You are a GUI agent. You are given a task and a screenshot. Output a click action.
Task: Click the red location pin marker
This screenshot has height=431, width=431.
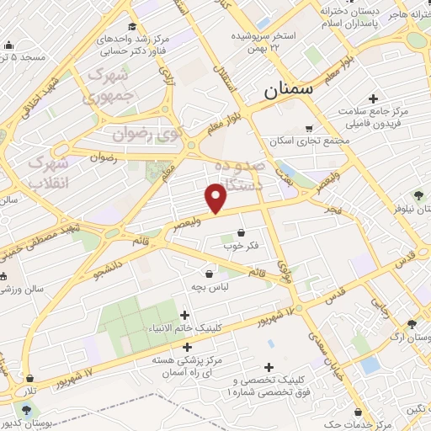(216, 198)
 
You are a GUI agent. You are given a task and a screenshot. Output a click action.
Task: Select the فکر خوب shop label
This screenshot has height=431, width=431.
(241, 246)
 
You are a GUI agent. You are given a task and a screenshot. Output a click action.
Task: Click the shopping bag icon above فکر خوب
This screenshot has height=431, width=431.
(242, 231)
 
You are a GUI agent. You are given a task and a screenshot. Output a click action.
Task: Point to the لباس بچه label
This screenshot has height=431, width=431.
(210, 286)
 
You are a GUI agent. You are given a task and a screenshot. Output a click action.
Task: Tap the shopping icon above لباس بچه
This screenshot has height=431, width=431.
(209, 273)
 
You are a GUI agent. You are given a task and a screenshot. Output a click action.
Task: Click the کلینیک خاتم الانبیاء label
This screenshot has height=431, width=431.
(184, 328)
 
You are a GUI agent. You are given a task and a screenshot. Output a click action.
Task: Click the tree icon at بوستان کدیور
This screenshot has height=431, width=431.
(28, 410)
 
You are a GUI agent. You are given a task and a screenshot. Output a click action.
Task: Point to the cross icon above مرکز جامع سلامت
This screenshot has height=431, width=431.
(374, 98)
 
